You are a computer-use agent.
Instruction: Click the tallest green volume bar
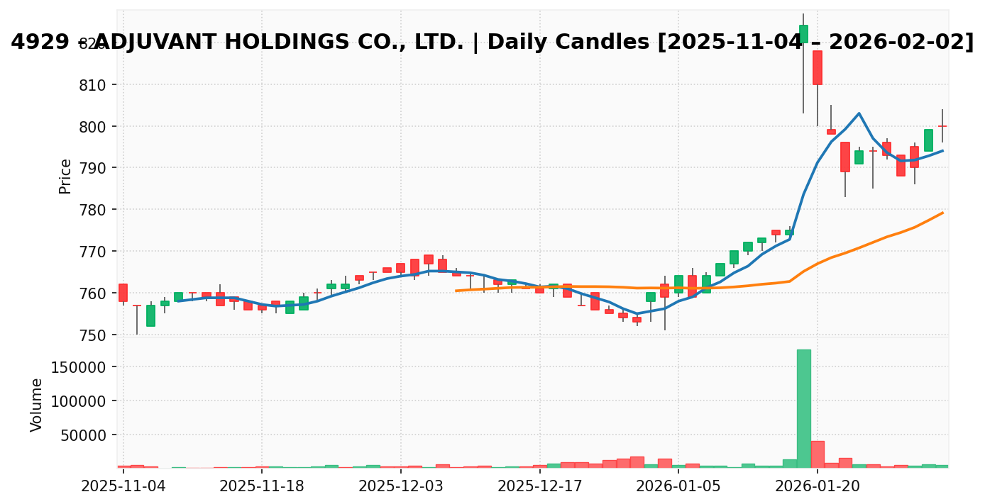(x=803, y=408)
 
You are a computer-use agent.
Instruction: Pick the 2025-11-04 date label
(x=123, y=486)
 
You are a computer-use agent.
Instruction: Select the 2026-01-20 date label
(x=818, y=486)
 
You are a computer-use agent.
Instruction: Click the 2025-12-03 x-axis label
(x=401, y=486)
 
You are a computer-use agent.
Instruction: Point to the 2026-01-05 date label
(x=678, y=486)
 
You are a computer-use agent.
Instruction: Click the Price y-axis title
(x=65, y=176)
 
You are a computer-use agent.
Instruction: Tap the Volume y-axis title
(x=37, y=404)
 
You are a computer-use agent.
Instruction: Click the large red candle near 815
(x=818, y=67)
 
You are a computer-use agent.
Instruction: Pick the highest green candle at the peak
(x=803, y=33)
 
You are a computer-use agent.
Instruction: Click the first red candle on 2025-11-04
(x=123, y=292)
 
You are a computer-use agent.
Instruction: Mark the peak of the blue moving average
(x=859, y=113)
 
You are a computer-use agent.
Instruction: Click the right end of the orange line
(x=942, y=213)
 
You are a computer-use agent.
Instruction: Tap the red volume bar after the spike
(x=818, y=454)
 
